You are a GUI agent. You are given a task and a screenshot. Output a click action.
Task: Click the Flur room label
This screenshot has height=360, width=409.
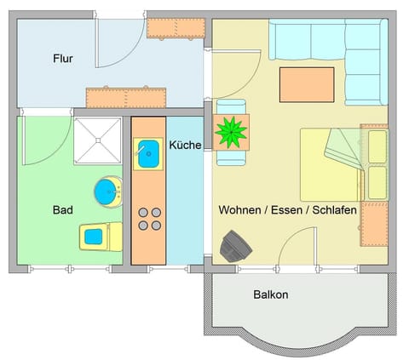point(61,59)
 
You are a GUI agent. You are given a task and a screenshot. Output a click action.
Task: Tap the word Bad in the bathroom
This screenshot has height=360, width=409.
point(61,209)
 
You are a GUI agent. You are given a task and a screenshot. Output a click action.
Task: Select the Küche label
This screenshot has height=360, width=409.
point(185,145)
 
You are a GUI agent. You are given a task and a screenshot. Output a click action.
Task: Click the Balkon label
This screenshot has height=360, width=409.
point(271,295)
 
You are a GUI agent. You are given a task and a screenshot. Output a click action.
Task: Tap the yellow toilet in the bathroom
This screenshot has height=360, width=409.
point(101,236)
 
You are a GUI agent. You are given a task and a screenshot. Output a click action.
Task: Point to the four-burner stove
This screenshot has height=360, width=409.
point(149,218)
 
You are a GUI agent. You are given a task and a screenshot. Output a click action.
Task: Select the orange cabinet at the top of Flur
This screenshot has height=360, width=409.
point(176,27)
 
